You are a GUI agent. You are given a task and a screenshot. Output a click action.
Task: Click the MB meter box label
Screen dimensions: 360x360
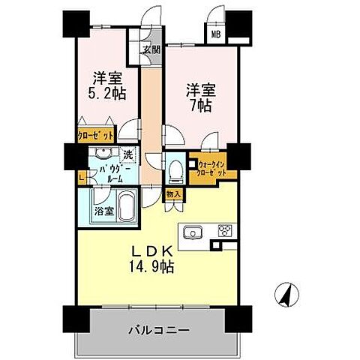[215, 34]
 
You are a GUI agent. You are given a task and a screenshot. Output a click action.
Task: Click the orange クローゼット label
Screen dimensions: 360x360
[95, 136]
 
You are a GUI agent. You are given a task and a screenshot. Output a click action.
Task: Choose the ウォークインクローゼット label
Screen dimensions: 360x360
[213, 166]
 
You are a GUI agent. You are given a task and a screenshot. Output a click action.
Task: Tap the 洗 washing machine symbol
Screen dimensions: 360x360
[128, 155]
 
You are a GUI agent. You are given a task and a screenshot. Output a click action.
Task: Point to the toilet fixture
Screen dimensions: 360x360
[174, 170]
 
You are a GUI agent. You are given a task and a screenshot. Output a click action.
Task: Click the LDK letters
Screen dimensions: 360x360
[150, 251]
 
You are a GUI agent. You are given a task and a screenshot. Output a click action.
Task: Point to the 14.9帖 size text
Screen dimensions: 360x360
[150, 266]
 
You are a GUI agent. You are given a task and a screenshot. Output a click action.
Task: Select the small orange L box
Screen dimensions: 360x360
[80, 177]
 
